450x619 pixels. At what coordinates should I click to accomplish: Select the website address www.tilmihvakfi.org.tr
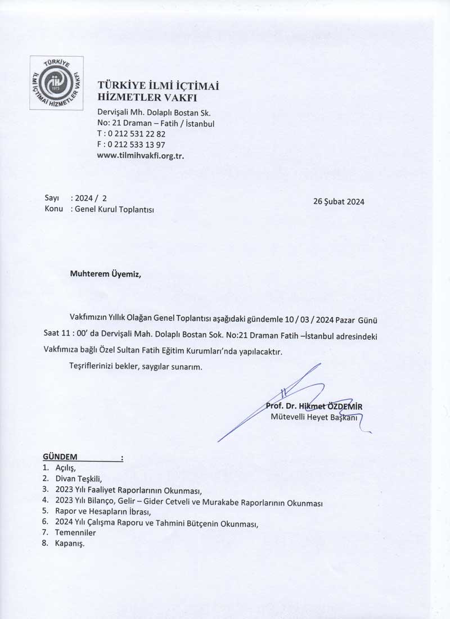click(141, 156)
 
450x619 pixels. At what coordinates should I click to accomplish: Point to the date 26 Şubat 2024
click(339, 202)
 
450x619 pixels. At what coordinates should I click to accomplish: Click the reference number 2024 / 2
click(91, 198)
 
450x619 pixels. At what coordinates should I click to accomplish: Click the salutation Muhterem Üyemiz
click(103, 274)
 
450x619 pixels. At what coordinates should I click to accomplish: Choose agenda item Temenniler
click(75, 532)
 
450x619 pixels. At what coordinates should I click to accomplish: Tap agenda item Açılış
click(65, 468)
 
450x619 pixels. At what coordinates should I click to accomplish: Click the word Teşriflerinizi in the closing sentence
click(93, 367)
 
